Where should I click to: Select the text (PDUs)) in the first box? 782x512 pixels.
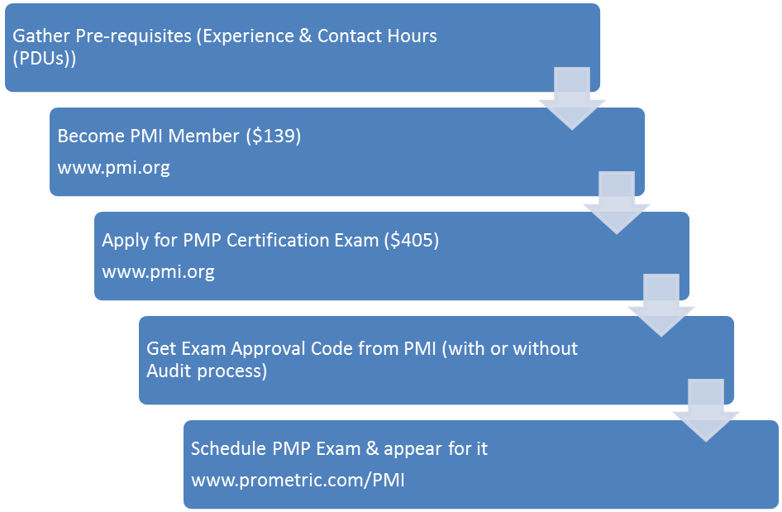pos(45,59)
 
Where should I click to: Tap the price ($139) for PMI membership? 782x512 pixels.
pos(274,136)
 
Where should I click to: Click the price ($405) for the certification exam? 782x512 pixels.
pos(412,240)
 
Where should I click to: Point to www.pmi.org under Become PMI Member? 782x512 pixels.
pos(114,168)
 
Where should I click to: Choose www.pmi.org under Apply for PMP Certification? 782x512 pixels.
pos(158,272)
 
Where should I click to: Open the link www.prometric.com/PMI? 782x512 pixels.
pos(298,480)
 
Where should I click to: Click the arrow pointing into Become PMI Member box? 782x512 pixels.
pos(572,98)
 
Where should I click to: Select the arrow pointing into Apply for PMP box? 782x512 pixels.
pos(617,203)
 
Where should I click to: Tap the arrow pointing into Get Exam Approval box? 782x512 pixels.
pos(661,306)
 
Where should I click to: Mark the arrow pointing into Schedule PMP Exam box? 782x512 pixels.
pos(706,411)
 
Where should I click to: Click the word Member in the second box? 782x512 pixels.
pos(203,136)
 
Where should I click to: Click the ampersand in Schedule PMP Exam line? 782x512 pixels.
pos(372,448)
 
